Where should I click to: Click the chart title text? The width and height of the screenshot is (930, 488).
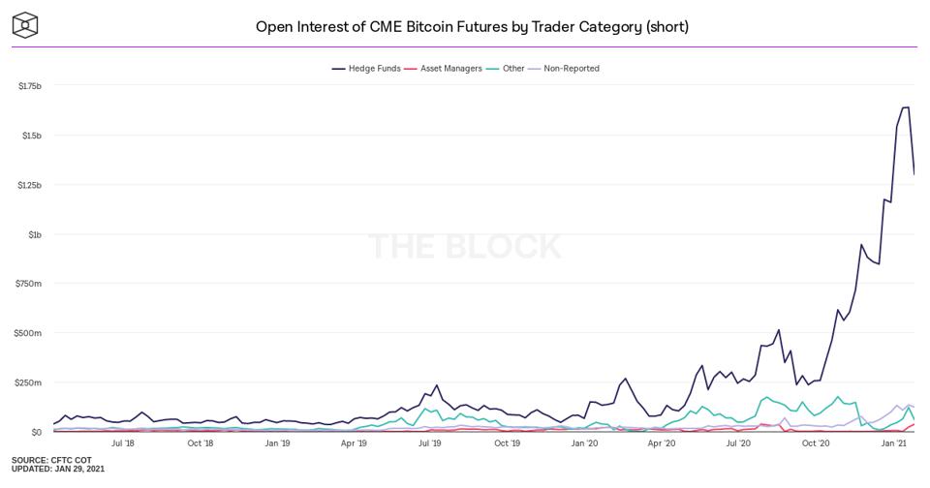472,26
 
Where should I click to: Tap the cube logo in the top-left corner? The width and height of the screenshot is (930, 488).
25,25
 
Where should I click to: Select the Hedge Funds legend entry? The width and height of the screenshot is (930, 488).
367,69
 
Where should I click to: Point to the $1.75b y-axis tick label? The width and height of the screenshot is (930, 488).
30,86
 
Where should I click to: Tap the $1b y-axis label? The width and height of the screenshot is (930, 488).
34,234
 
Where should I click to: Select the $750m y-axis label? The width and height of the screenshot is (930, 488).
30,284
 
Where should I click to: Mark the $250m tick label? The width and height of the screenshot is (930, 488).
30,382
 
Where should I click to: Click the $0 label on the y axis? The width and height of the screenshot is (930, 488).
37,432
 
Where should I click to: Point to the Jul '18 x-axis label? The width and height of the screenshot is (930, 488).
123,443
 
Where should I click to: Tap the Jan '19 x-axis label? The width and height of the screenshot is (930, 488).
277,443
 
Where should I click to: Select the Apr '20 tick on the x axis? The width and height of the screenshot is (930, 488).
662,443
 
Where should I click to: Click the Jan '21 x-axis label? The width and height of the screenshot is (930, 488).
893,443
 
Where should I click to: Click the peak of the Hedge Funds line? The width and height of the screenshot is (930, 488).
907,107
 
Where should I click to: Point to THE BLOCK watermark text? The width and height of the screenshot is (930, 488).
465,246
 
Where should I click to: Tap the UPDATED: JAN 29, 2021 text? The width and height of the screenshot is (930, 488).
58,469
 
